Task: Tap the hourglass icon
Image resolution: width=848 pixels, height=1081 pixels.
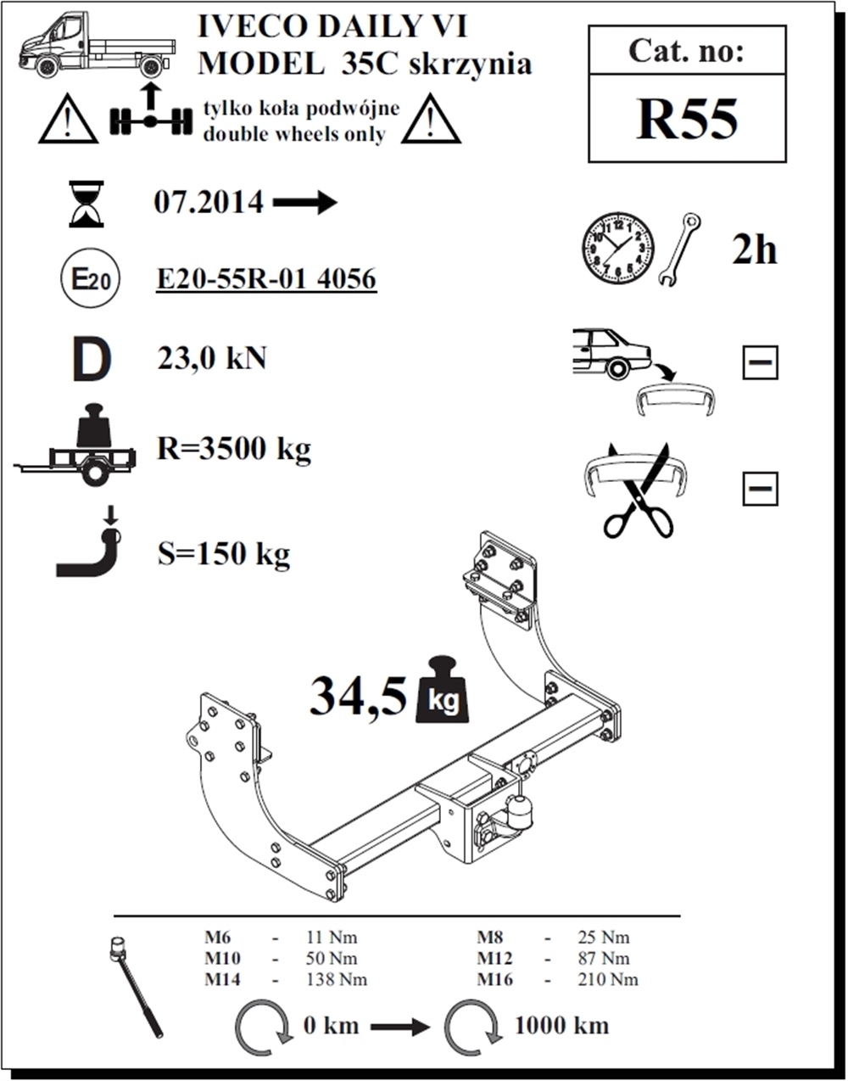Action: pos(86,204)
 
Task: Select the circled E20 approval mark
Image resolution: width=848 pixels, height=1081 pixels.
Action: pos(90,278)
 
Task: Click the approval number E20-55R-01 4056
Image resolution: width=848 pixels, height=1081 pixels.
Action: pos(266,278)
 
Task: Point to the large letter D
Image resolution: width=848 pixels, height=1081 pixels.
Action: pos(92,359)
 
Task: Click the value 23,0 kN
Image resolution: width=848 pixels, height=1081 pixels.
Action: pos(212,358)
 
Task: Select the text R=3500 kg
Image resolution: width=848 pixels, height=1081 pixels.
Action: pos(234,449)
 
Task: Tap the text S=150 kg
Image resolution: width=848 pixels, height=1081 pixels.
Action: pos(224,554)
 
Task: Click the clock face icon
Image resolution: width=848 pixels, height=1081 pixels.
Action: pos(618,249)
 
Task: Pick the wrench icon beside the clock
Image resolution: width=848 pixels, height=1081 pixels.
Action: pos(679,249)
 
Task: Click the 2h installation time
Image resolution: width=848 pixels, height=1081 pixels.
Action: pos(754,250)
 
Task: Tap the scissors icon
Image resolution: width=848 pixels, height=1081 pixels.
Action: pos(639,490)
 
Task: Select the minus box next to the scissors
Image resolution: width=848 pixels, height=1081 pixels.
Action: pos(760,489)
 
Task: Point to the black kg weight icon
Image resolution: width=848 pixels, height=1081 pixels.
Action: pos(443,690)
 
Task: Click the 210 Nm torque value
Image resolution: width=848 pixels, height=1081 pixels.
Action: pos(608,980)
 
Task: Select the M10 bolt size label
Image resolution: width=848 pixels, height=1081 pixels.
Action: pos(223,959)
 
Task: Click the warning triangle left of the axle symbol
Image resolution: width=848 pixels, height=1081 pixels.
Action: pos(68,120)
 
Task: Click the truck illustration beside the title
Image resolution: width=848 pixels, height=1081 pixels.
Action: pos(97,45)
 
